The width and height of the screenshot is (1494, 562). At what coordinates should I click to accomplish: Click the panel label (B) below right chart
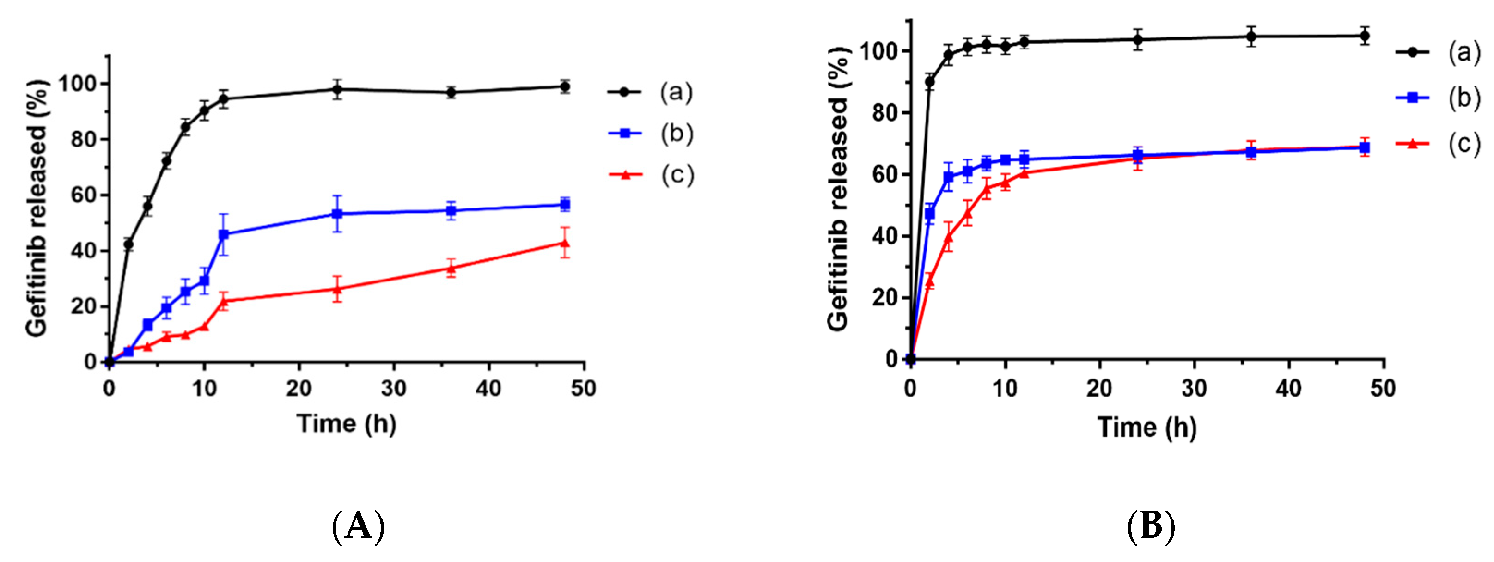(1151, 526)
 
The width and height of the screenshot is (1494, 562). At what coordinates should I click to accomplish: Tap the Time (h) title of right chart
(1146, 428)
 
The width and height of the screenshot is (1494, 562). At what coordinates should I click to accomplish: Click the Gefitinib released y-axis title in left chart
(37, 208)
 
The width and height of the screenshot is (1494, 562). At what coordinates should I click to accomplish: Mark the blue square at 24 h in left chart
(336, 214)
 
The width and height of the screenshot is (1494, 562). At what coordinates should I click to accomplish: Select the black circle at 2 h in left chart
(128, 245)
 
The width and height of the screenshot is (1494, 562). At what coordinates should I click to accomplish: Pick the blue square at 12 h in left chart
(223, 234)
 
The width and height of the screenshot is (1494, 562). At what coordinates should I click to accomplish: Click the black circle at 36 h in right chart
(1251, 37)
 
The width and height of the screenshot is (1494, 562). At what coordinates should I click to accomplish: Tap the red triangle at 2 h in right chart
(929, 282)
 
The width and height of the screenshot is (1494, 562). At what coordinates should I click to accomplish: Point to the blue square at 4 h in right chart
(948, 177)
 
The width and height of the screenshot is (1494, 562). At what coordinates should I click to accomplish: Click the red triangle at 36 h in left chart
(451, 268)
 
